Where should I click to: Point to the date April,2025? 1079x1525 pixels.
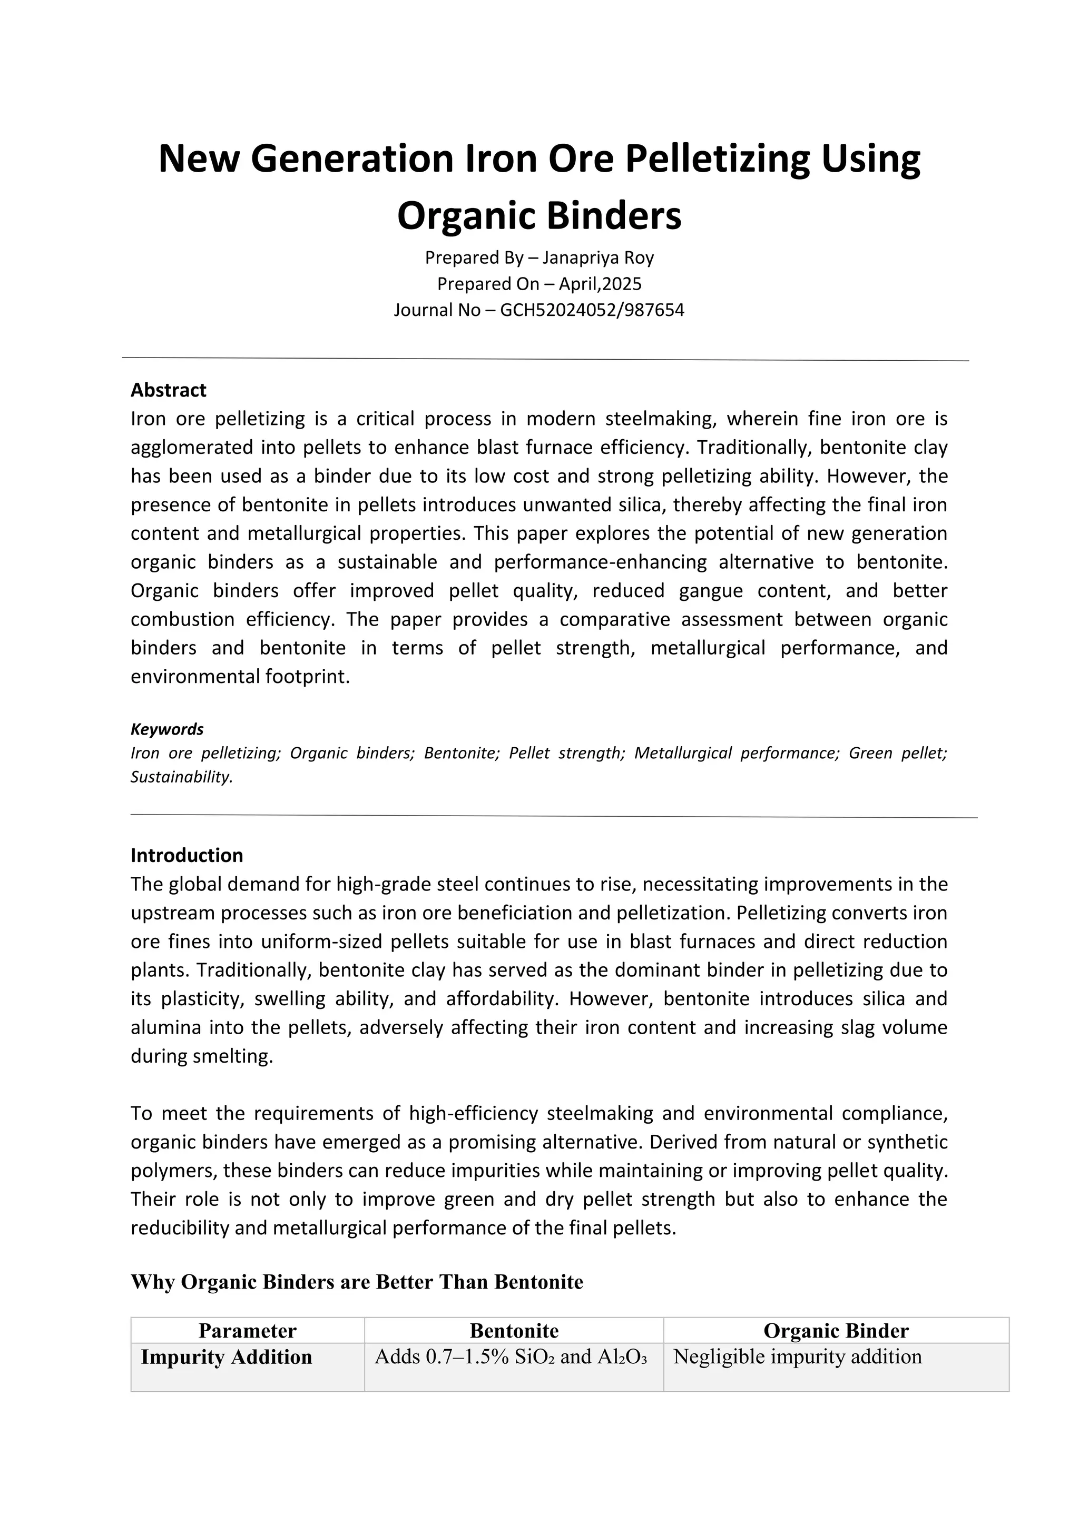point(599,284)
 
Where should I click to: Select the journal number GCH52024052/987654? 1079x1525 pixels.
point(591,310)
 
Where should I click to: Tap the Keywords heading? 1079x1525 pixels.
point(167,729)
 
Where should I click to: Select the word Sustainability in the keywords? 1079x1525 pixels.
point(181,777)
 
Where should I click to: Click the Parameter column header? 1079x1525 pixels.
point(247,1331)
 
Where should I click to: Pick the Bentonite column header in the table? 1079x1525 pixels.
point(514,1331)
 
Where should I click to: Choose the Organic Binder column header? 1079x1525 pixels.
point(835,1331)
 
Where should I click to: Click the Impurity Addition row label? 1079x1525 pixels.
point(227,1357)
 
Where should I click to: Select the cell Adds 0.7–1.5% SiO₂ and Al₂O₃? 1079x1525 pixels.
point(511,1357)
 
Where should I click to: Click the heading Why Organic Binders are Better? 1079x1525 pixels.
point(357,1282)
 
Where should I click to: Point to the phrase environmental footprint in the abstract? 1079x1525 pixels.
point(239,677)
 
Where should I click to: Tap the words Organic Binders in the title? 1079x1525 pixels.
point(539,216)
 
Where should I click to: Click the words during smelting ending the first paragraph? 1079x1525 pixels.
point(201,1056)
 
